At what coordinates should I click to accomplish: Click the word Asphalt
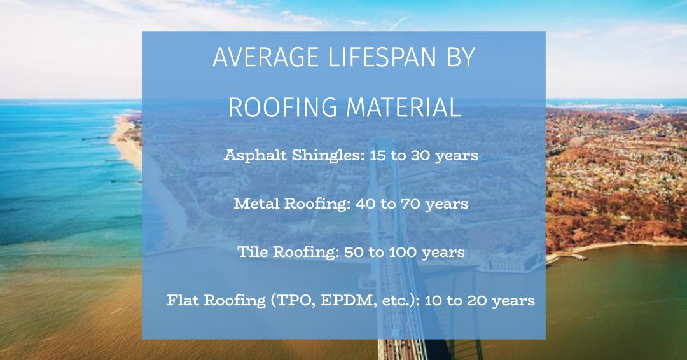251,155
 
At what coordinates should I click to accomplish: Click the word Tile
253,252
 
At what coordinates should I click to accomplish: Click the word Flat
182,300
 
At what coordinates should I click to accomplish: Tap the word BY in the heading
460,59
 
